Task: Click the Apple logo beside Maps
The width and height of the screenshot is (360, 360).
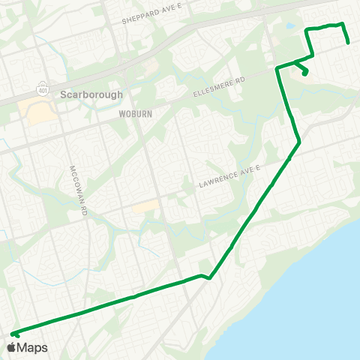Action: tap(11, 347)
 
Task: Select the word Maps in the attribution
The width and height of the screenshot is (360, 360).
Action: tap(33, 347)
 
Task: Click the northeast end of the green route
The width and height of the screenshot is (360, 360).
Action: tap(349, 42)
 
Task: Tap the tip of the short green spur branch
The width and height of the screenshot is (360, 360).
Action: tap(306, 73)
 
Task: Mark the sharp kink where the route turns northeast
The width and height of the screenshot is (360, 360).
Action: tap(209, 277)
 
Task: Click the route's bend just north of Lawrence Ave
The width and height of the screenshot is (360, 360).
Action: tap(299, 141)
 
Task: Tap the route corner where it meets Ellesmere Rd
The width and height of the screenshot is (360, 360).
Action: tap(277, 69)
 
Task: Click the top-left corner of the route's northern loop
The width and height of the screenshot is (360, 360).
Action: tap(307, 30)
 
